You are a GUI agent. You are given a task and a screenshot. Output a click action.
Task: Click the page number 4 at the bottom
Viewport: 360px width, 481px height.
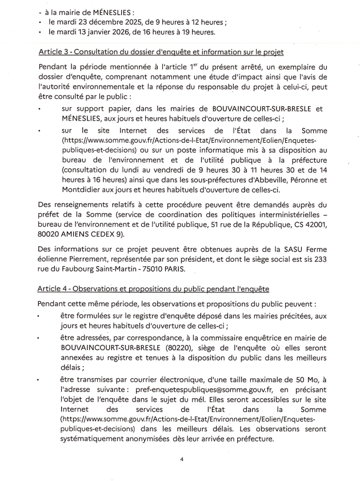(181, 458)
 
